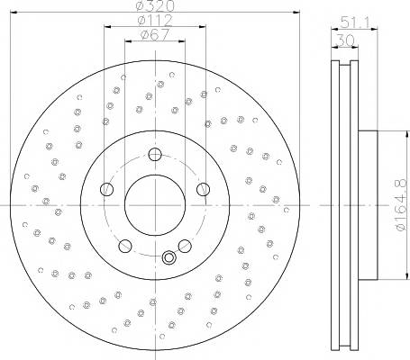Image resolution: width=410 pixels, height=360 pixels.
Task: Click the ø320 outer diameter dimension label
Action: pos(155,5)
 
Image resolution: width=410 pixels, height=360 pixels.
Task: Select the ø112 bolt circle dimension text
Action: pos(155,20)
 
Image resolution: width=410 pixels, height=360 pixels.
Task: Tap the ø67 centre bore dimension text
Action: pos(155,35)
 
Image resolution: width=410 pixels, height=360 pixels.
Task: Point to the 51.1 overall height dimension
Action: pos(354,22)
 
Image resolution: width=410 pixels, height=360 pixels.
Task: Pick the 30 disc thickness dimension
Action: pos(345,40)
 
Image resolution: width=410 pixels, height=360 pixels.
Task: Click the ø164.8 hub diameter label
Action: pos(401,205)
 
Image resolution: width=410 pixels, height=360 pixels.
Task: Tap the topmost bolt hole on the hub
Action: pos(155,155)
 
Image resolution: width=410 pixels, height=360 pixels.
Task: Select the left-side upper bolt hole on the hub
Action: pos(106,189)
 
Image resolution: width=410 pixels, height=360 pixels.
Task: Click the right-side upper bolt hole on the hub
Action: pos(204,189)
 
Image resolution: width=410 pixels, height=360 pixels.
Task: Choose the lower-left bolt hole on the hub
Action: pos(125,246)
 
